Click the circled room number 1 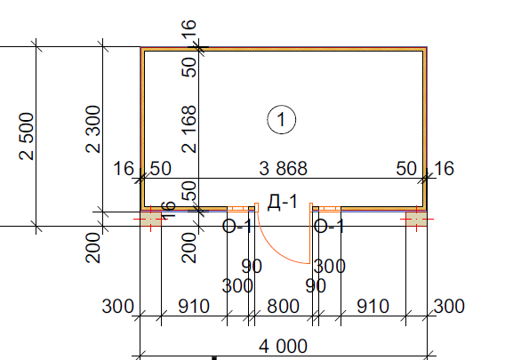pyautogui.click(x=281, y=120)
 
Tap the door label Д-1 pyautogui.click(x=283, y=202)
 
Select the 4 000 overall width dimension pyautogui.click(x=283, y=347)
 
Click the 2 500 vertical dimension pyautogui.click(x=27, y=136)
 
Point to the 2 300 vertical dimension pyautogui.click(x=93, y=129)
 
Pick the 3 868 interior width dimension pyautogui.click(x=283, y=169)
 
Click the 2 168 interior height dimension pyautogui.click(x=189, y=129)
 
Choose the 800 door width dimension pyautogui.click(x=283, y=307)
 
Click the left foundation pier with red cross pyautogui.click(x=151, y=219)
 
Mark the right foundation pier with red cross pyautogui.click(x=416, y=219)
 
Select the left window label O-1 pyautogui.click(x=237, y=227)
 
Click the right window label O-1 pyautogui.click(x=329, y=227)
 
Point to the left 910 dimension pyautogui.click(x=194, y=307)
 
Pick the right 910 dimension pyautogui.click(x=373, y=307)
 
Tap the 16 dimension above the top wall pyautogui.click(x=189, y=29)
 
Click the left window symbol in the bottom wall pyautogui.click(x=238, y=209)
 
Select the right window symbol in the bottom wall pyautogui.click(x=330, y=209)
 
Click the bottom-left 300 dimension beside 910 pyautogui.click(x=117, y=307)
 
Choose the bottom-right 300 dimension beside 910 pyautogui.click(x=449, y=307)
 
